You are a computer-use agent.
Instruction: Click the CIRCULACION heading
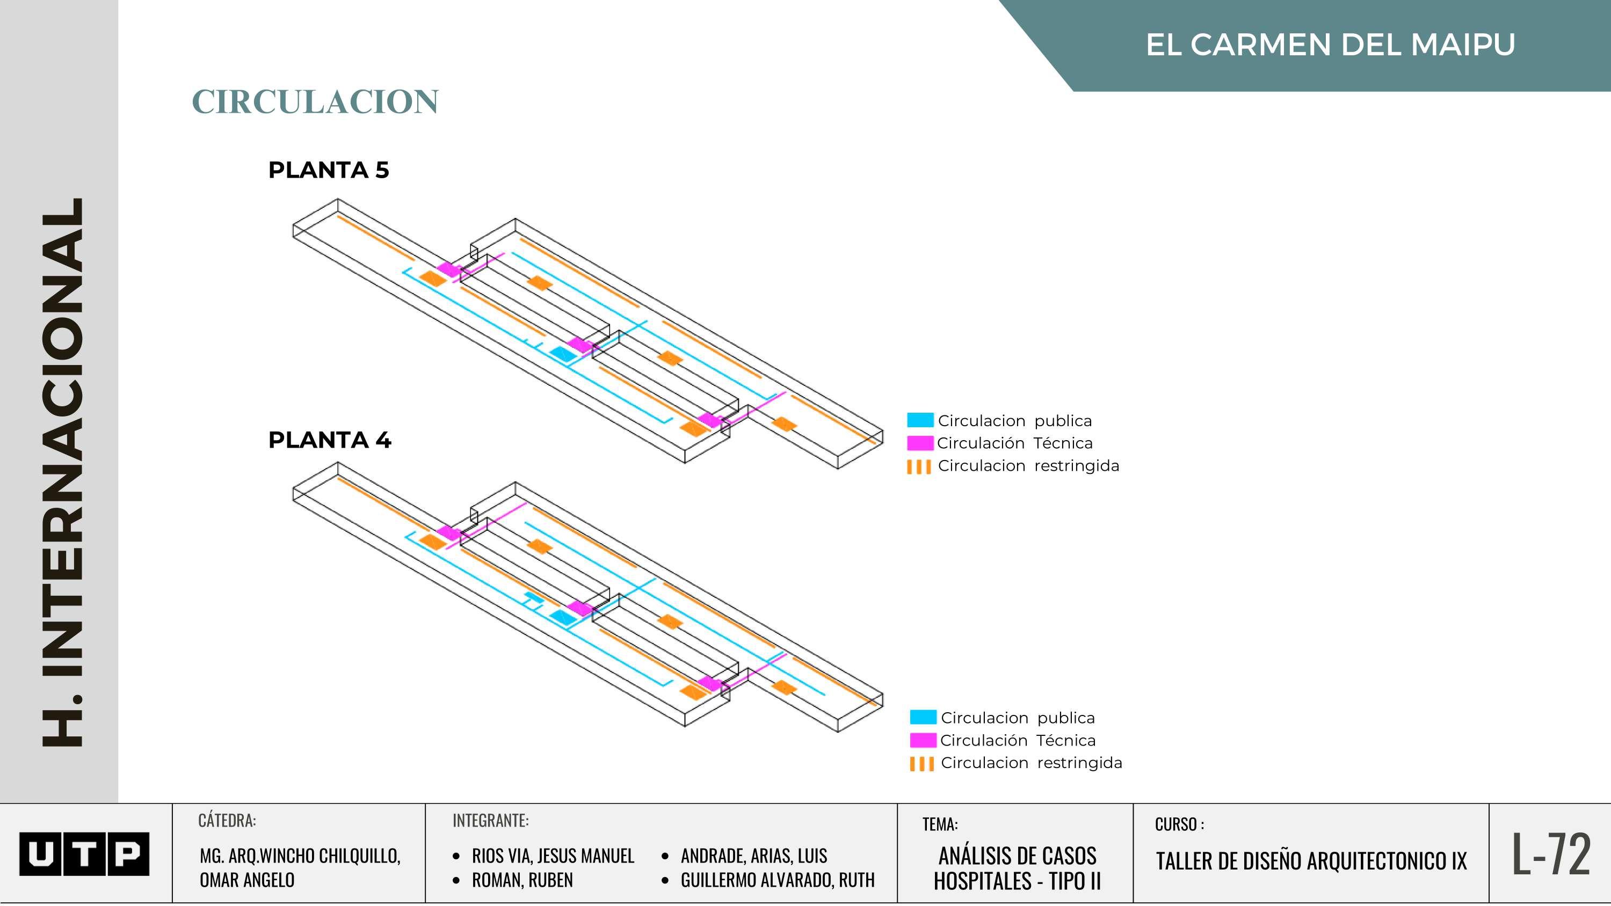tap(315, 102)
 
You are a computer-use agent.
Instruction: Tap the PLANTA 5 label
tap(328, 170)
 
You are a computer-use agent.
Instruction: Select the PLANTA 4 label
tap(330, 440)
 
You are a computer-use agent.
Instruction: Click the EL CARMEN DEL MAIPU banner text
tap(1330, 45)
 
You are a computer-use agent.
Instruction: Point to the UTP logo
tap(84, 853)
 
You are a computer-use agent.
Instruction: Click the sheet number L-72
tap(1551, 853)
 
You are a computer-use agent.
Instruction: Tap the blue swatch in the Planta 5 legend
tap(920, 420)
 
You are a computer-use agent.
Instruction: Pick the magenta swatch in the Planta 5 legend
tap(920, 443)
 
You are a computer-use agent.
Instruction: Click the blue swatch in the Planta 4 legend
tap(923, 717)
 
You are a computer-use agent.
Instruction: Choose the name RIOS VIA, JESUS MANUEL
tap(553, 856)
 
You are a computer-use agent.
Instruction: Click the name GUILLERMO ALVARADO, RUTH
tap(778, 880)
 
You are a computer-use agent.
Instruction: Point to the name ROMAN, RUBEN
tap(522, 880)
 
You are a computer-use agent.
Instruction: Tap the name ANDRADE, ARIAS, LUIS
tap(753, 856)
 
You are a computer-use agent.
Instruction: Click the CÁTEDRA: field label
tap(227, 820)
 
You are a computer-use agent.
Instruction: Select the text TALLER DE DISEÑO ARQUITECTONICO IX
tap(1311, 861)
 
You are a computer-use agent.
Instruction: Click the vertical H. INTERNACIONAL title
tap(62, 472)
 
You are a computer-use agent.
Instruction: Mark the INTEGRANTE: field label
tap(490, 820)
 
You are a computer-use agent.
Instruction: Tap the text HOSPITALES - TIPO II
tap(1017, 881)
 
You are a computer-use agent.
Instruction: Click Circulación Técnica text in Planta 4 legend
tap(1018, 740)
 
